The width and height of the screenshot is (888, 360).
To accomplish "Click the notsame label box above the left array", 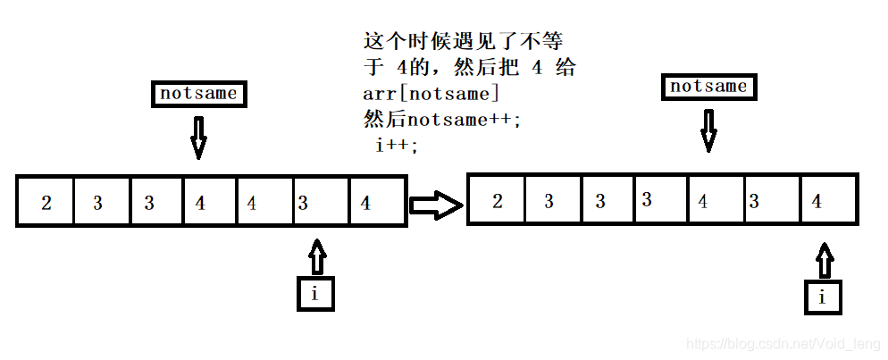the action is pos(198,94).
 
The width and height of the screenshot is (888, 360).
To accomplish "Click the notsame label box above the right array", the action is pos(708,87).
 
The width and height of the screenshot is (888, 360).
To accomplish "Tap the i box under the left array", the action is pos(314,294).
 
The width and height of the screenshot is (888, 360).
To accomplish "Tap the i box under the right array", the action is pos(822,297).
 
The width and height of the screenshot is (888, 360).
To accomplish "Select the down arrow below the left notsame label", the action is pos(198,137).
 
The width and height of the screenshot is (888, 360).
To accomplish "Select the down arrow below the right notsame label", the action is pos(708,130).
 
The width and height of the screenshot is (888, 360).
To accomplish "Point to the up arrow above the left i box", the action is pos(315,256).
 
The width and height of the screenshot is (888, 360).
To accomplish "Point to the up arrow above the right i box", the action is pos(824,262).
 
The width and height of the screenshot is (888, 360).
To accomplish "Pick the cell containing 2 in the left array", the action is pos(46,203).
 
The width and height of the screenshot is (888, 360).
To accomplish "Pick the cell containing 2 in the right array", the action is pos(498,202).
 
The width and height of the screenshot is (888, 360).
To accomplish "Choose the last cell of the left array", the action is pos(377,203).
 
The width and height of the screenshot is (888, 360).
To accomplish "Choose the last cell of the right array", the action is pos(828,202).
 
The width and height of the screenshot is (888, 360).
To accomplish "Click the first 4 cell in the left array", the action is pos(211,203).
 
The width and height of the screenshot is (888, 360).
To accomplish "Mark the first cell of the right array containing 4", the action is pos(714,202).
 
